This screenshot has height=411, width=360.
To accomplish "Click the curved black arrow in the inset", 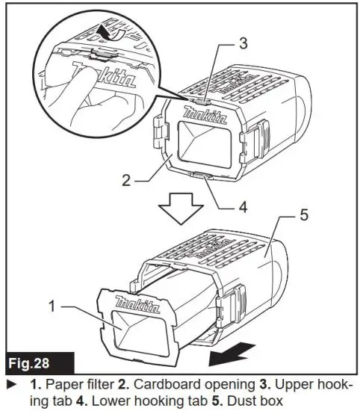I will [x=113, y=32].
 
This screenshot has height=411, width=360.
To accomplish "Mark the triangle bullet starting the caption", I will [x=10, y=384].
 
